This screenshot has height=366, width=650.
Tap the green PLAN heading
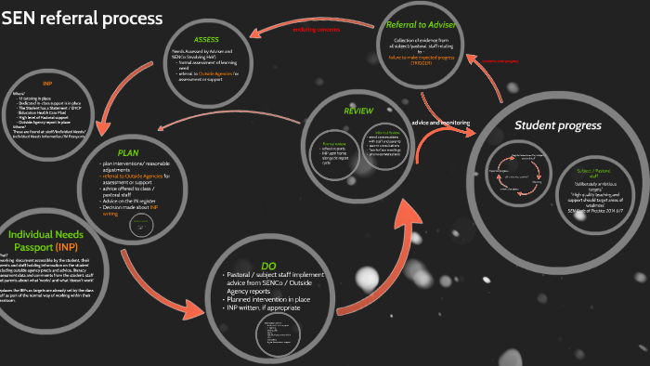[127, 152]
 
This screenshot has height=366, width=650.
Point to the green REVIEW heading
[358, 111]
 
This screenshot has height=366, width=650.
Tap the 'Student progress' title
[559, 124]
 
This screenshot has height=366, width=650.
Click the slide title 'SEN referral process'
[83, 19]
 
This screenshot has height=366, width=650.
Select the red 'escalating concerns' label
[317, 29]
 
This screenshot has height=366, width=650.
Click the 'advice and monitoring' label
[440, 122]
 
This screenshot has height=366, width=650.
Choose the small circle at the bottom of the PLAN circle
[139, 229]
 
